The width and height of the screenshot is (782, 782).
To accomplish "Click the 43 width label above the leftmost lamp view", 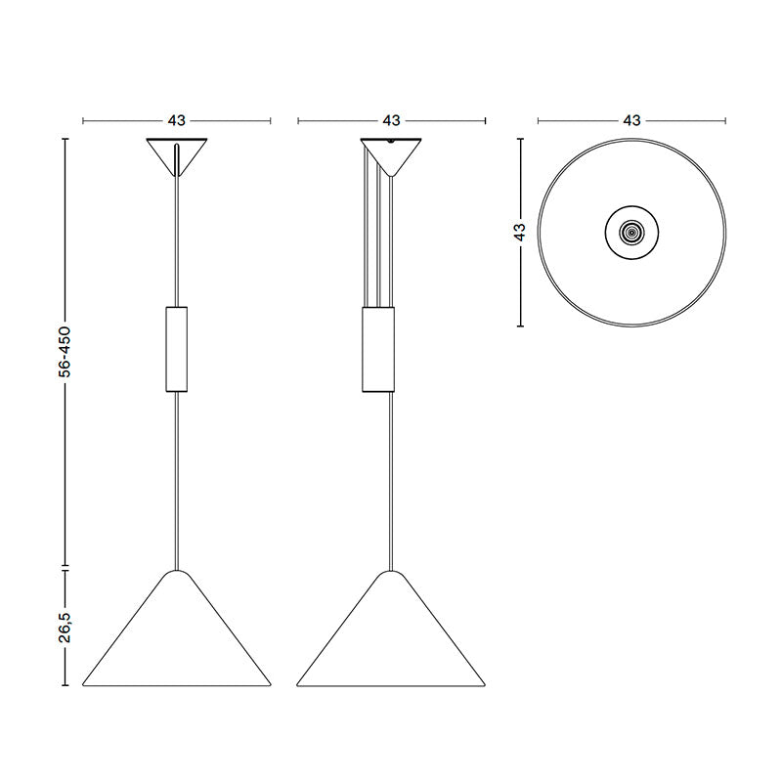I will tap(177, 121).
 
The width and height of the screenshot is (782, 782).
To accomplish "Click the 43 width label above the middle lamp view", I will tap(391, 121).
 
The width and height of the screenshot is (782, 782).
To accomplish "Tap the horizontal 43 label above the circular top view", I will tap(631, 121).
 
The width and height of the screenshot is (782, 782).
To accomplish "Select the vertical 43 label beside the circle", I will tap(520, 233).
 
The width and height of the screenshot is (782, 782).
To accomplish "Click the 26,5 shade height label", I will tap(65, 627).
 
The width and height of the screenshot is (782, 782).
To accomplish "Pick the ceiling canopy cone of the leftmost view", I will tap(177, 154).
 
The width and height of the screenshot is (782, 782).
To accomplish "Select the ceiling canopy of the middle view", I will tap(391, 153).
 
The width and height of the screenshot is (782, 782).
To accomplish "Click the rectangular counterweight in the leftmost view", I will tap(177, 348).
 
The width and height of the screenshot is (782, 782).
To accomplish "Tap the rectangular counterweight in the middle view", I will tap(380, 348).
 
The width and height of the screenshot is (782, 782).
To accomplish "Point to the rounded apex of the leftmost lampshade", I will tap(177, 572).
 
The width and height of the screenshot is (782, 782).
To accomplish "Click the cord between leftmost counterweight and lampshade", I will tap(177, 479).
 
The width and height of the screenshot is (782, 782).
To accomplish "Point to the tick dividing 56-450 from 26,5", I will tap(65, 567).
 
